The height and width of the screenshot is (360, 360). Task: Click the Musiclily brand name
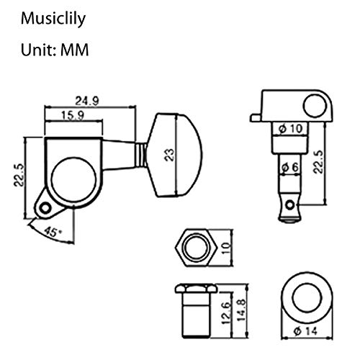(x=53, y=19)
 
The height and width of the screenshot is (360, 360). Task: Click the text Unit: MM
(x=55, y=50)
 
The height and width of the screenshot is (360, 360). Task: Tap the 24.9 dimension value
(x=87, y=101)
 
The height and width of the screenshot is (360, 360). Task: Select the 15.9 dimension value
(x=73, y=116)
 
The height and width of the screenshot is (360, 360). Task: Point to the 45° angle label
(x=53, y=232)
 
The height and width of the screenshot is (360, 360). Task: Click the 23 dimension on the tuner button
(x=169, y=155)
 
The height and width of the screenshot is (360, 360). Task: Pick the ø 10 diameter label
(x=291, y=129)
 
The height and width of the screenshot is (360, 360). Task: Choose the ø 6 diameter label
(x=290, y=167)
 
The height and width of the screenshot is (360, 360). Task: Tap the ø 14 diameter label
(x=305, y=331)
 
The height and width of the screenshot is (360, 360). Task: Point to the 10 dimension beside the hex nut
(x=226, y=248)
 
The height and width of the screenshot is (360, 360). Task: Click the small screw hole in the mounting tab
(x=45, y=208)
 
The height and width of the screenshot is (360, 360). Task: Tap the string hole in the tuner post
(x=290, y=205)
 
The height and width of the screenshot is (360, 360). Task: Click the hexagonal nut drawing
(x=197, y=248)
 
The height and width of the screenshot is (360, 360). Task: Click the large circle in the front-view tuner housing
(x=73, y=179)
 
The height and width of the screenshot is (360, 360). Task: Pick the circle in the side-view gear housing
(x=315, y=106)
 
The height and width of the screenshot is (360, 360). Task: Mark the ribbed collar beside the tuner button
(x=141, y=155)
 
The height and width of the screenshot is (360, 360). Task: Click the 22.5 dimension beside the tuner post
(x=318, y=162)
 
